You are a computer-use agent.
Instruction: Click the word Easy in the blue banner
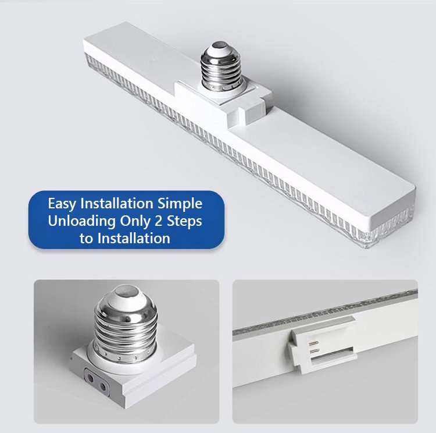[x=62, y=204]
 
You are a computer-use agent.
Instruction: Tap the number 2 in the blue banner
[x=158, y=221]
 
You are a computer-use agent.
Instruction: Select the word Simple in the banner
[x=180, y=204]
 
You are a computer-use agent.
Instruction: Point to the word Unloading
[x=82, y=221]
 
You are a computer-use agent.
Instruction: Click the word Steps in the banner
[x=184, y=221]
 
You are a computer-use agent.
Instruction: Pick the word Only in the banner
[x=135, y=221]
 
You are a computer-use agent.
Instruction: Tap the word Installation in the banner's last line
[x=134, y=239]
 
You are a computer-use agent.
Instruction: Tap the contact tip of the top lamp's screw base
[x=219, y=45]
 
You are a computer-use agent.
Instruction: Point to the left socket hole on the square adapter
[x=91, y=378]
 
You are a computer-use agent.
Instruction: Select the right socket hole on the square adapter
[x=102, y=386]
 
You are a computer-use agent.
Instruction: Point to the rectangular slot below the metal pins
[x=332, y=354]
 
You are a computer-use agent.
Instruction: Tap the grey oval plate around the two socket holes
[x=96, y=382]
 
